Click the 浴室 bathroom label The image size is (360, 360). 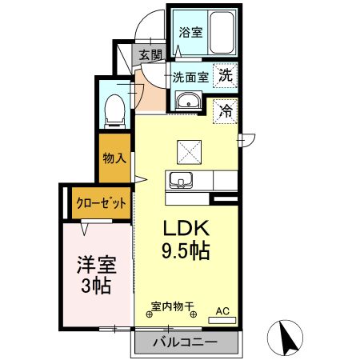coord(190,33)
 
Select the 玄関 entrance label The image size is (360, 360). coord(150,55)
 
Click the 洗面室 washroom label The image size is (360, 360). coord(191,78)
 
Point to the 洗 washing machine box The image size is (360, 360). coord(226,77)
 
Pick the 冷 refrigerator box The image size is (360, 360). coord(226,110)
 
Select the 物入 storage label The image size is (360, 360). coord(114,158)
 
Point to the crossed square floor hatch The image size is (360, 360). coord(190,150)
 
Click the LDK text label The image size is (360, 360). coord(187,227)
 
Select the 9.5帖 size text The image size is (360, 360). coord(187,251)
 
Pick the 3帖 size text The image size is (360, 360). coord(94,286)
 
